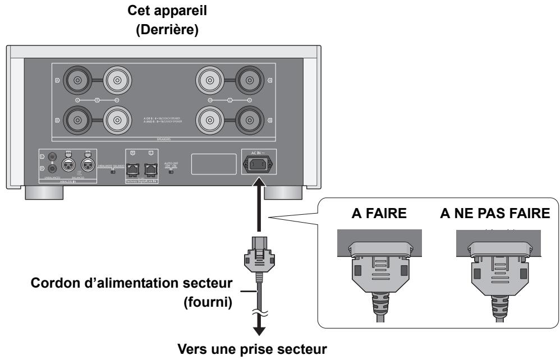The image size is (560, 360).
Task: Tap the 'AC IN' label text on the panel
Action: tap(258, 153)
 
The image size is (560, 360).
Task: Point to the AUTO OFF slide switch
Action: tap(171, 171)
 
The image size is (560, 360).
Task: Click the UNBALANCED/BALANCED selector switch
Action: tap(112, 172)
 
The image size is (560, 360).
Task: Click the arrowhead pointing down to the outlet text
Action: tap(259, 335)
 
